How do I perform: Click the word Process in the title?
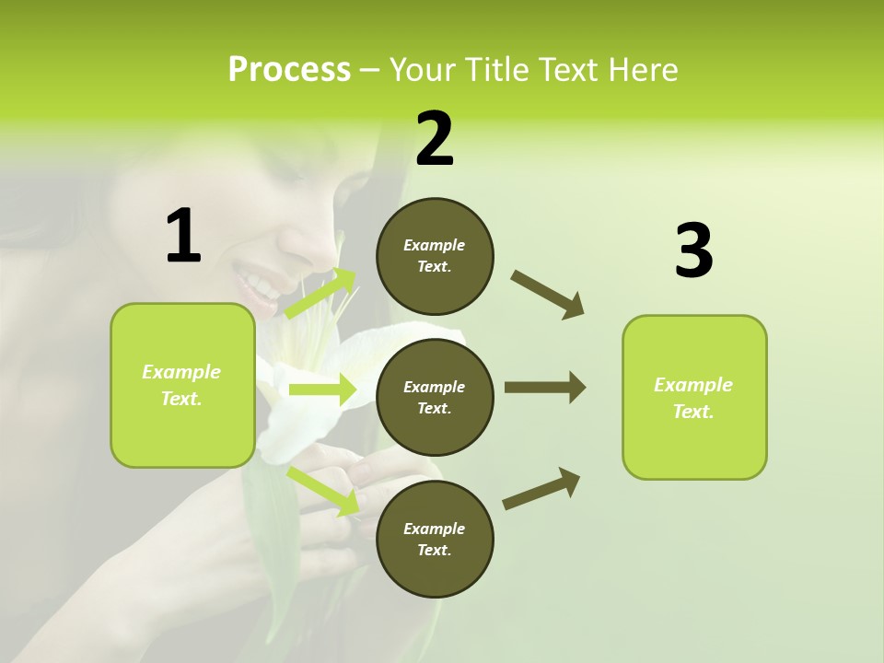click(289, 70)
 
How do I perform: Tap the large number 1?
click(183, 237)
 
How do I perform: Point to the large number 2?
click(435, 139)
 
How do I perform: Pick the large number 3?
click(693, 251)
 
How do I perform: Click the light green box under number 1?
click(182, 385)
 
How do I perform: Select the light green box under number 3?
click(693, 398)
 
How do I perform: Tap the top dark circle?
click(435, 256)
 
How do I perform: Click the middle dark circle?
click(435, 398)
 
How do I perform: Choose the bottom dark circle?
click(435, 540)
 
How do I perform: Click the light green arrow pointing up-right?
click(320, 294)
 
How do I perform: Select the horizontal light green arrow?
click(321, 390)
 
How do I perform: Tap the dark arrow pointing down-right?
click(548, 295)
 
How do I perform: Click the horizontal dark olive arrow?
click(544, 388)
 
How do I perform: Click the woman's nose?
click(300, 241)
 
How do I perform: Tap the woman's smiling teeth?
click(260, 283)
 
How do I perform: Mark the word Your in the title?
click(420, 70)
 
